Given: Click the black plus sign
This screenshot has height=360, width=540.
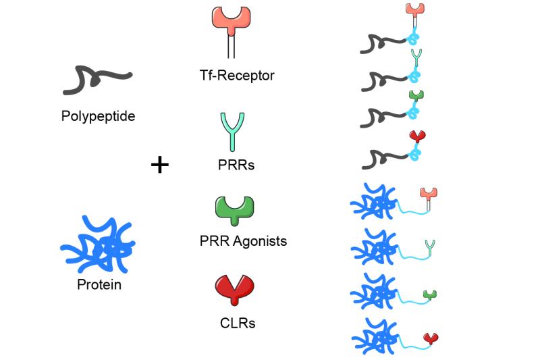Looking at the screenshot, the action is (x=160, y=165).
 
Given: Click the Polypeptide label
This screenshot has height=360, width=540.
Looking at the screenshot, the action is (x=98, y=116).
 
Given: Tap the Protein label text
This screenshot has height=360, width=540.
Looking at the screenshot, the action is (x=99, y=284).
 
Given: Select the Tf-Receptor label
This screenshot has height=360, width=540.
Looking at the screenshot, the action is (x=237, y=75).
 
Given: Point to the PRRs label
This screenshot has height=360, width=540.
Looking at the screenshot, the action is (x=236, y=165).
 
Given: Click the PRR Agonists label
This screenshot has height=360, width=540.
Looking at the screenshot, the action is (x=243, y=240).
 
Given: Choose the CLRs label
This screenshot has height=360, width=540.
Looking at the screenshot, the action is (x=238, y=323).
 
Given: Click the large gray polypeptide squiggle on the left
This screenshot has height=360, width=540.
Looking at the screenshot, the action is (x=97, y=80).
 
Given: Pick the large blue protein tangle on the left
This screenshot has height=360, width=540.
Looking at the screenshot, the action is (x=98, y=244).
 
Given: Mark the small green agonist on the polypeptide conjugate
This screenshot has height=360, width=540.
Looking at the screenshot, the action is (x=416, y=97).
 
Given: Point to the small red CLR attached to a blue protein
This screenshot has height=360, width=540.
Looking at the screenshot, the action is (x=431, y=339).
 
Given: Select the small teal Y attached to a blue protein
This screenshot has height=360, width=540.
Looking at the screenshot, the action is (x=430, y=248).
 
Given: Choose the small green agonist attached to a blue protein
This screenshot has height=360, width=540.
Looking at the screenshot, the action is (x=430, y=295).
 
